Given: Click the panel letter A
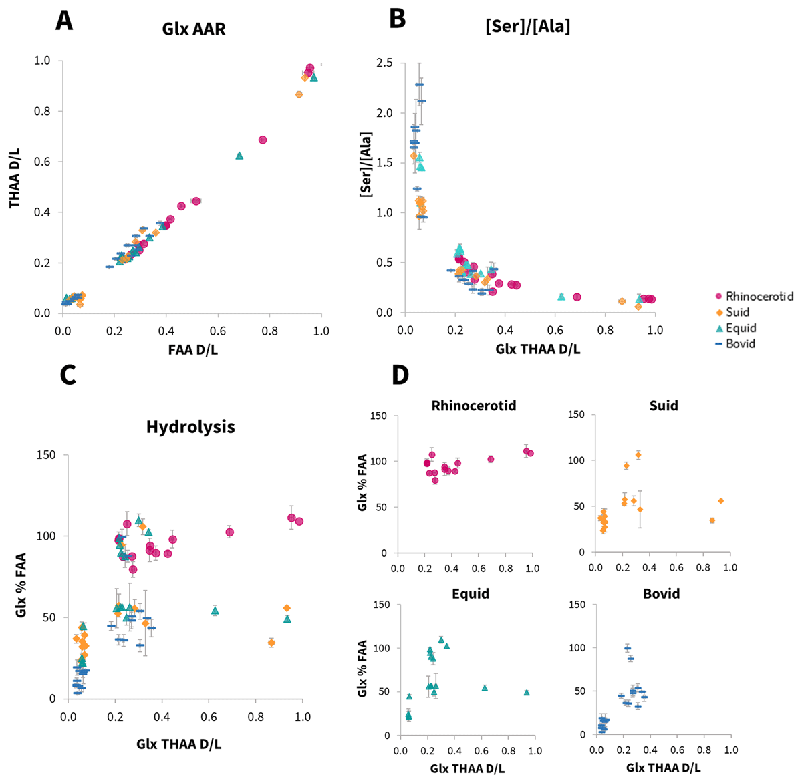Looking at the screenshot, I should coord(64,21).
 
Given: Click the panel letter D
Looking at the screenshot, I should coord(400,375).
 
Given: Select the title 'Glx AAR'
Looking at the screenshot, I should coord(193,30).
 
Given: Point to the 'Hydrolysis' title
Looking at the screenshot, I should coord(190,426).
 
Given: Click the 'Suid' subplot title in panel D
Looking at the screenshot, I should coord(663,406).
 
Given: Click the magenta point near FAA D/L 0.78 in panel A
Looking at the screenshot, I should coord(263,140).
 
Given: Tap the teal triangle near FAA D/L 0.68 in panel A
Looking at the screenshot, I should coord(239,156).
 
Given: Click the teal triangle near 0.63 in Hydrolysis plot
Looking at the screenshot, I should coord(215,610).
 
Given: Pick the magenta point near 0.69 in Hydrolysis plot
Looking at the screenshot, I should coord(229,532).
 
